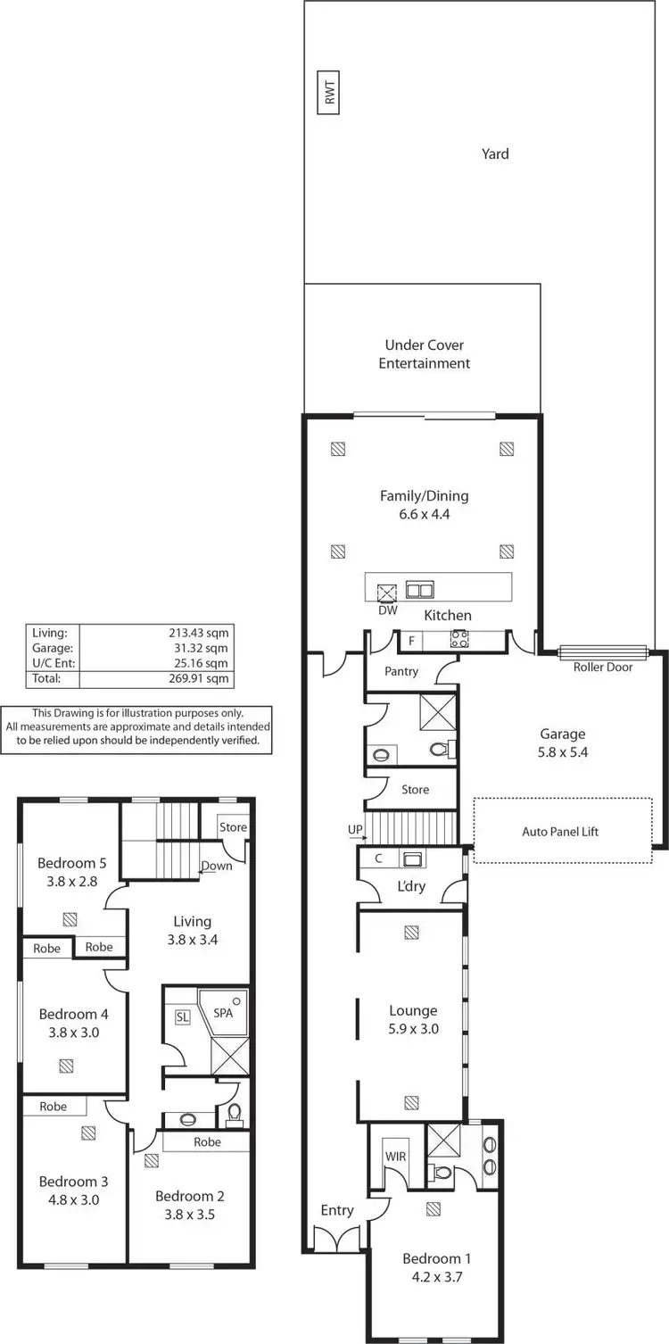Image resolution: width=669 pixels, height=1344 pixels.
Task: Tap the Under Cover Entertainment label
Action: (424, 354)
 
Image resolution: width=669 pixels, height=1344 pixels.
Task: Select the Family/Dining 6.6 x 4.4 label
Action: (424, 505)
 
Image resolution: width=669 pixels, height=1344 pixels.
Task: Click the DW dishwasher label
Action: (387, 610)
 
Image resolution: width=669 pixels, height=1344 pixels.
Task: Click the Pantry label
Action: (401, 671)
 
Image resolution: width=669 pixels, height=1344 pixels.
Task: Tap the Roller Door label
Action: (603, 667)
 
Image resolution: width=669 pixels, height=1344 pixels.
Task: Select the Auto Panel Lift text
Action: (560, 832)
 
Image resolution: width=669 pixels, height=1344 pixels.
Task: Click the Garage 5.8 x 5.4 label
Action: (563, 743)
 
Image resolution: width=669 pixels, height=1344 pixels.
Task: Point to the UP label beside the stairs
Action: (355, 830)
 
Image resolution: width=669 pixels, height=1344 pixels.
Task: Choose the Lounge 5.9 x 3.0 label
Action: (413, 1019)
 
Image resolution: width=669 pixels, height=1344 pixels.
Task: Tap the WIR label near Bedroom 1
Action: (395, 1156)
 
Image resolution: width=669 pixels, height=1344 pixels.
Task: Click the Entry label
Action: (337, 1210)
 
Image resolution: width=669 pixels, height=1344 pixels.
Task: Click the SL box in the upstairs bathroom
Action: (183, 1017)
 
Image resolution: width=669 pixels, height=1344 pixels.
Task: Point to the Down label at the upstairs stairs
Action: (217, 866)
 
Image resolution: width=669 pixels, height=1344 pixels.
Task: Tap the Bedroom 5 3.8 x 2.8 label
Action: (72, 872)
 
